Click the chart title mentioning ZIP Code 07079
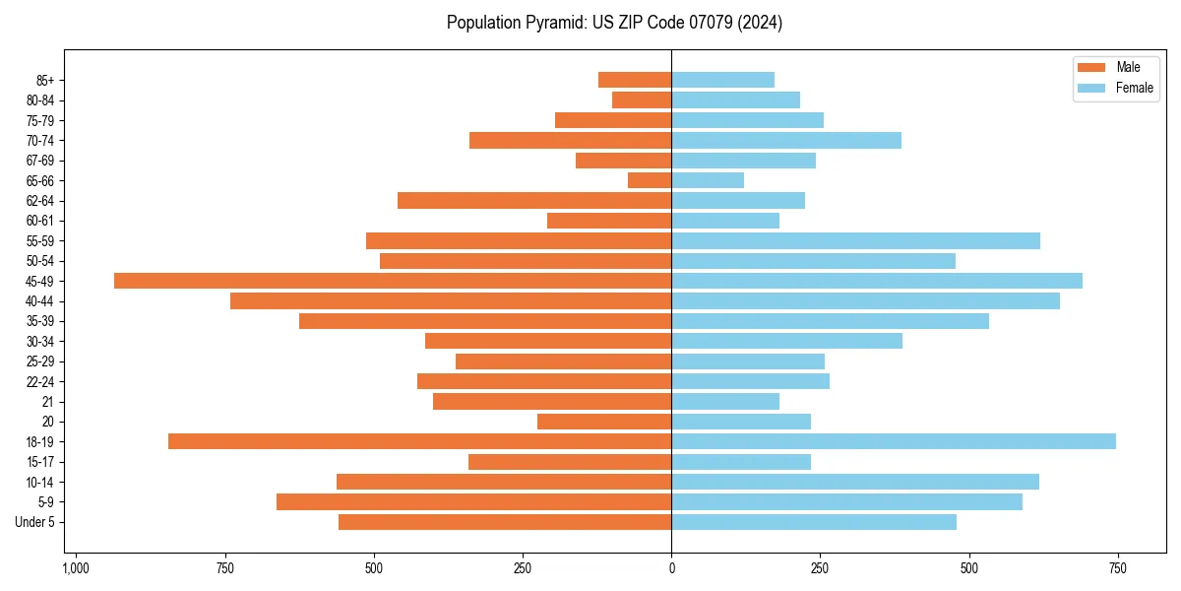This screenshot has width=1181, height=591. (614, 23)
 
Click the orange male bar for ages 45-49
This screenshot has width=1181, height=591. (393, 281)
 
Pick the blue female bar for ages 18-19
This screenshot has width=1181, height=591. (894, 441)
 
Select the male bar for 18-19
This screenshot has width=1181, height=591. (420, 441)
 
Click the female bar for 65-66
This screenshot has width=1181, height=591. (708, 180)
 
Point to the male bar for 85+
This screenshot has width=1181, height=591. (635, 80)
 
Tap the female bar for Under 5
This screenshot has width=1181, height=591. (814, 522)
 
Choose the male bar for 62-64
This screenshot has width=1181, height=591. (534, 201)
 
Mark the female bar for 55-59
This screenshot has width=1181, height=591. (855, 241)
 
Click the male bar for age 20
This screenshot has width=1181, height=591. (604, 422)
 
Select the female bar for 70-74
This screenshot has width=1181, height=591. (786, 140)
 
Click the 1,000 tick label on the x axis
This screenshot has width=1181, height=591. (76, 568)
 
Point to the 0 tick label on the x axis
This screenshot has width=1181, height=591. (671, 568)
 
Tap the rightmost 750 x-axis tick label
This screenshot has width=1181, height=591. (1118, 568)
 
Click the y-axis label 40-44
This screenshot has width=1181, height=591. (40, 301)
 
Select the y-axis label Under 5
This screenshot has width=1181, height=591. (34, 522)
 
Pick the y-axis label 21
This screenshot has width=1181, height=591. (47, 402)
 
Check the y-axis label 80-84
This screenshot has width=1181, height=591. (40, 100)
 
